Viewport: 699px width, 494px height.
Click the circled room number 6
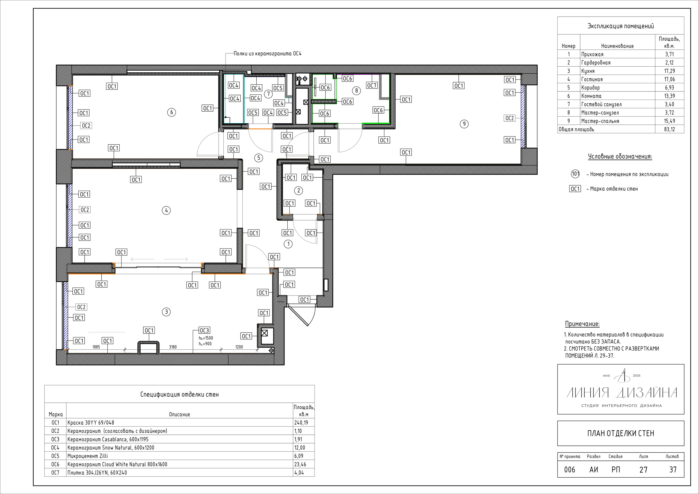point(171,112)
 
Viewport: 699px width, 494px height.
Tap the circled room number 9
point(464,124)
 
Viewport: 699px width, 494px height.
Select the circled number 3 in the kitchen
point(166,312)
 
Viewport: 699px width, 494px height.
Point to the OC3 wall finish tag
point(204,330)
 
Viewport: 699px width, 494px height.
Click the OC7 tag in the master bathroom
point(372,85)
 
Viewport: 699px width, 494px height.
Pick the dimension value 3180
point(173,347)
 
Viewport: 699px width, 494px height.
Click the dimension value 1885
point(96,347)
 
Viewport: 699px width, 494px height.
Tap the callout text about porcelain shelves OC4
point(268,54)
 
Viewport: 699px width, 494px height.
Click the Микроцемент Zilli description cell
point(88,456)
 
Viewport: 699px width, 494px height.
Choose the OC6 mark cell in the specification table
point(55,464)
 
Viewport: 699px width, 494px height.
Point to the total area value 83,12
point(670,129)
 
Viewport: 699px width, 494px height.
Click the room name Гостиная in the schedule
point(592,79)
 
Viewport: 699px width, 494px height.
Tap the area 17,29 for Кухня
point(670,71)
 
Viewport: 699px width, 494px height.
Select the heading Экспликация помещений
point(621,26)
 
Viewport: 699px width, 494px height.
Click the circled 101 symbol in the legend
point(575,174)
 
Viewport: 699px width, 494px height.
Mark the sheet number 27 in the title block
point(643,470)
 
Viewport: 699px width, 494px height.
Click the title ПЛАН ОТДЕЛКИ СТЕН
point(621,433)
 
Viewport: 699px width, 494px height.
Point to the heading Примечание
point(582,324)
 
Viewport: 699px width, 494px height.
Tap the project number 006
point(570,470)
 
